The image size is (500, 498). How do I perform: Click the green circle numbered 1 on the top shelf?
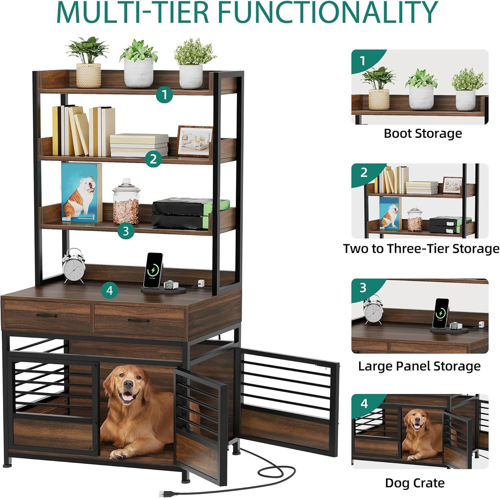tap(164, 95)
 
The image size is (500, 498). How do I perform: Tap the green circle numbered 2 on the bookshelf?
tap(153, 159)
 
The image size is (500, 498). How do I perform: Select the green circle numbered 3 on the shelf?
tap(126, 231)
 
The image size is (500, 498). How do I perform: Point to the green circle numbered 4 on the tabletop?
tap(109, 291)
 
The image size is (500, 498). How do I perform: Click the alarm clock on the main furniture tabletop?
tap(74, 266)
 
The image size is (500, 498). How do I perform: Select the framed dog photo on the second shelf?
tap(194, 141)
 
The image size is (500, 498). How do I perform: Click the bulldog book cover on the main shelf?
tap(82, 192)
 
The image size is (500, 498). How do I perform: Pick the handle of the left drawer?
tap(47, 315)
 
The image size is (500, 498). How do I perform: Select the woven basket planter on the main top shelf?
tap(89, 75)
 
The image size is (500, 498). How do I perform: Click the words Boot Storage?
tap(423, 133)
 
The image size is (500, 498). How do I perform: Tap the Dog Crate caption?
tap(415, 483)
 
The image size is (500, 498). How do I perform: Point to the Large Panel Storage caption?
tap(419, 366)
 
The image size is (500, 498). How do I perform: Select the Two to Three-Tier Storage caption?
tap(421, 249)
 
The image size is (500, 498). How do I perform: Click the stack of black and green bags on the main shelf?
tap(191, 213)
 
